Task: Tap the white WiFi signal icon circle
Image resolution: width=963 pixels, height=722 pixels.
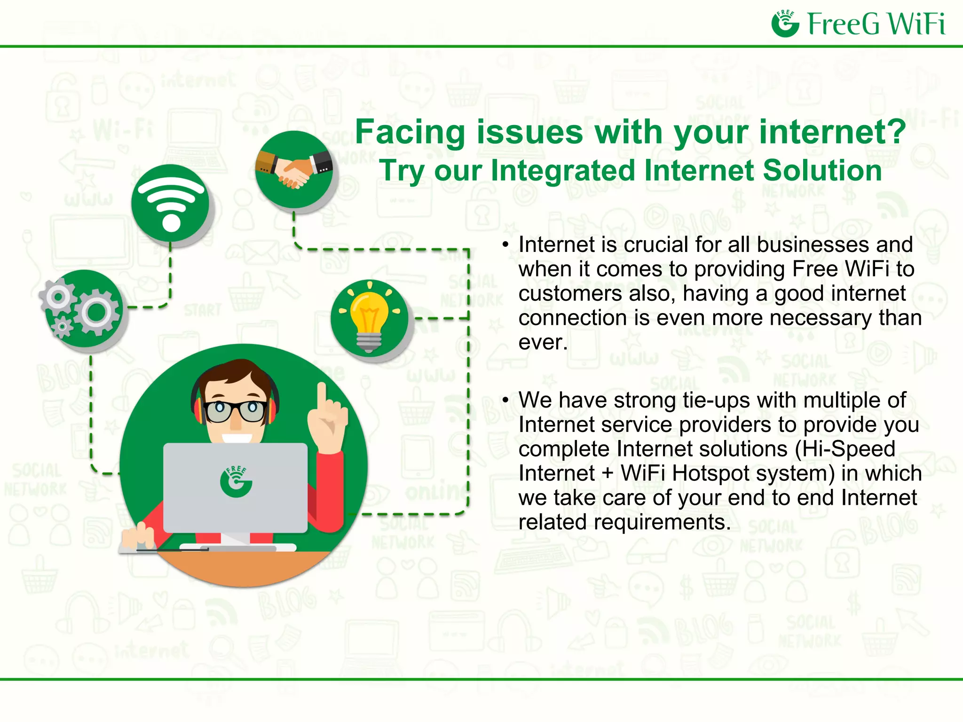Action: pos(170,204)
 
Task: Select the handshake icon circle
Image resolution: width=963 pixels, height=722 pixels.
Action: pos(294,170)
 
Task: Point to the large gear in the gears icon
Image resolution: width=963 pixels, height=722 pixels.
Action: pos(96,311)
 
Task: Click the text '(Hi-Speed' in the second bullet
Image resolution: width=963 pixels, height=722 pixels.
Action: pos(845,449)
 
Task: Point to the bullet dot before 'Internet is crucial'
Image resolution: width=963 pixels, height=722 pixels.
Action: pos(505,244)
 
